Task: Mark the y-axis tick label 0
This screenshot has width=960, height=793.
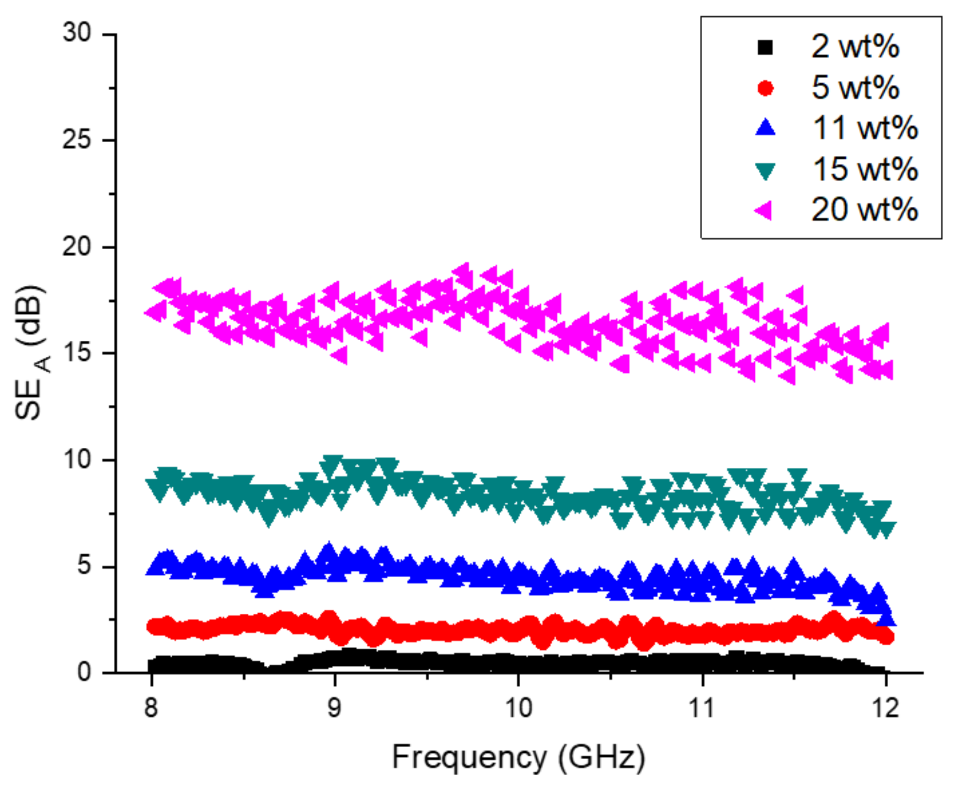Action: (x=84, y=672)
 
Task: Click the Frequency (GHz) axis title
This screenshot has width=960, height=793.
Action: (x=518, y=758)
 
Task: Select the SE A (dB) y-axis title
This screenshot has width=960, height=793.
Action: (x=32, y=352)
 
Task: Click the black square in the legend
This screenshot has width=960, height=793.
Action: (x=765, y=47)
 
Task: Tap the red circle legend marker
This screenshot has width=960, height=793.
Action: (x=765, y=88)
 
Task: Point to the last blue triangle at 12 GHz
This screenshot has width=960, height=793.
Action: (x=887, y=618)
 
